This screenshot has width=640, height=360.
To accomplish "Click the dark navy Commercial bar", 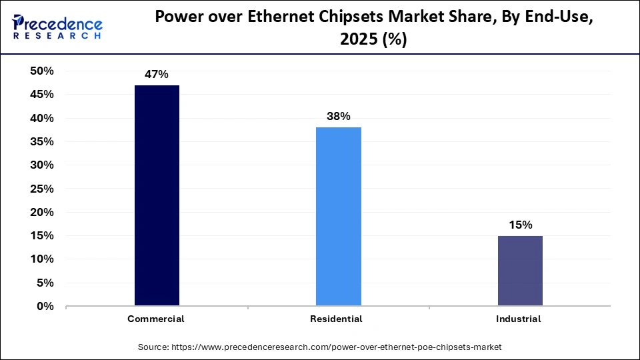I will (157, 195).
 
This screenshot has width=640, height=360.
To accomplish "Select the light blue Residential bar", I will (338, 217).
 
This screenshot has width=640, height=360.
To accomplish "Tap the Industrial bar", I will (520, 271).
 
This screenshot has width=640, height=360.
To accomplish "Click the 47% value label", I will (157, 74).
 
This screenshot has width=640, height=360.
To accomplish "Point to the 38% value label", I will (338, 116).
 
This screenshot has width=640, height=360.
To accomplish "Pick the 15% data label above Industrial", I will (520, 225).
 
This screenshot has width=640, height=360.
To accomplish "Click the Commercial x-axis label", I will (156, 319).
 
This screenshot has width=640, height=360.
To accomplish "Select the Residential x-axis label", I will (337, 319).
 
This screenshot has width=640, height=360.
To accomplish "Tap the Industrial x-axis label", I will (519, 319).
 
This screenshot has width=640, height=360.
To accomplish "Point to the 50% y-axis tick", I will (41, 71).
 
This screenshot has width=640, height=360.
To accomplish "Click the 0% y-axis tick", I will (45, 307).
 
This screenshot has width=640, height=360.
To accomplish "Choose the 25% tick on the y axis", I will (41, 189).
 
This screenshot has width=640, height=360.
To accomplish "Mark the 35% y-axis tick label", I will (41, 142).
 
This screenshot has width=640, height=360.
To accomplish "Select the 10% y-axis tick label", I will (41, 259).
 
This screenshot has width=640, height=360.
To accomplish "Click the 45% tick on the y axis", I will (41, 95).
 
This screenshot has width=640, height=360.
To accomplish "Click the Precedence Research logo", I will (57, 27).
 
